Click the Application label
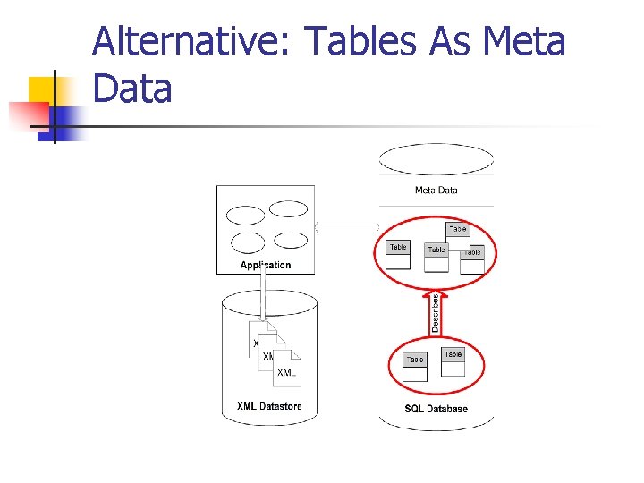(266, 265)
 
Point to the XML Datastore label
(269, 406)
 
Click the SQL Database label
(436, 409)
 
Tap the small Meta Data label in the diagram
(436, 190)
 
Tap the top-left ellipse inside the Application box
(246, 215)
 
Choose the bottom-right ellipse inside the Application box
(290, 240)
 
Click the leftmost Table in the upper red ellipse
(398, 255)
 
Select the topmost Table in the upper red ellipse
(457, 232)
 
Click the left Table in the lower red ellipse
(415, 367)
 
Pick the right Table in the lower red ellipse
(453, 361)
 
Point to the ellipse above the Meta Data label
(436, 159)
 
